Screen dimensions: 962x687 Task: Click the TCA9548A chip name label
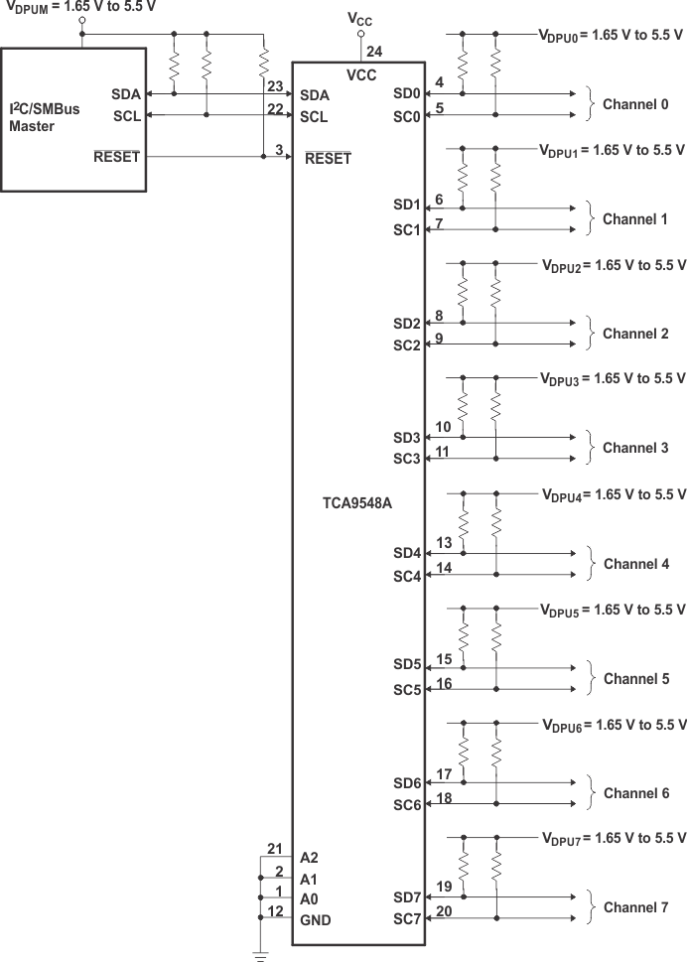pyautogui.click(x=356, y=503)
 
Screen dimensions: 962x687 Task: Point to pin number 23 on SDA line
pyautogui.click(x=275, y=85)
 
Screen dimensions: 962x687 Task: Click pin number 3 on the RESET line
pyautogui.click(x=280, y=149)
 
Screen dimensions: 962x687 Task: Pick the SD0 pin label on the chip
pyautogui.click(x=407, y=94)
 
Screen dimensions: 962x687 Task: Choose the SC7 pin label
pyautogui.click(x=407, y=919)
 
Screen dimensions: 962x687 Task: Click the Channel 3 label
pyautogui.click(x=635, y=448)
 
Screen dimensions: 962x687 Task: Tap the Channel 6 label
pyautogui.click(x=635, y=793)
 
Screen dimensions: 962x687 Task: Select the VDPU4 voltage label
pyautogui.click(x=613, y=494)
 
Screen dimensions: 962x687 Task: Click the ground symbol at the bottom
pyautogui.click(x=261, y=955)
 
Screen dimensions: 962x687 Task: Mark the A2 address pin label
pyautogui.click(x=309, y=857)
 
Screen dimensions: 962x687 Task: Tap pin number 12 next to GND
pyautogui.click(x=276, y=911)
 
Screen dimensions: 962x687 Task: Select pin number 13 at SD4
pyautogui.click(x=443, y=542)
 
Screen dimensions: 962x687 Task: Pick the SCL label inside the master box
pyautogui.click(x=126, y=116)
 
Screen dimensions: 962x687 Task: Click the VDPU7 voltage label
pyautogui.click(x=613, y=839)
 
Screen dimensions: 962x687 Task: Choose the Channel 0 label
pyautogui.click(x=635, y=104)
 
